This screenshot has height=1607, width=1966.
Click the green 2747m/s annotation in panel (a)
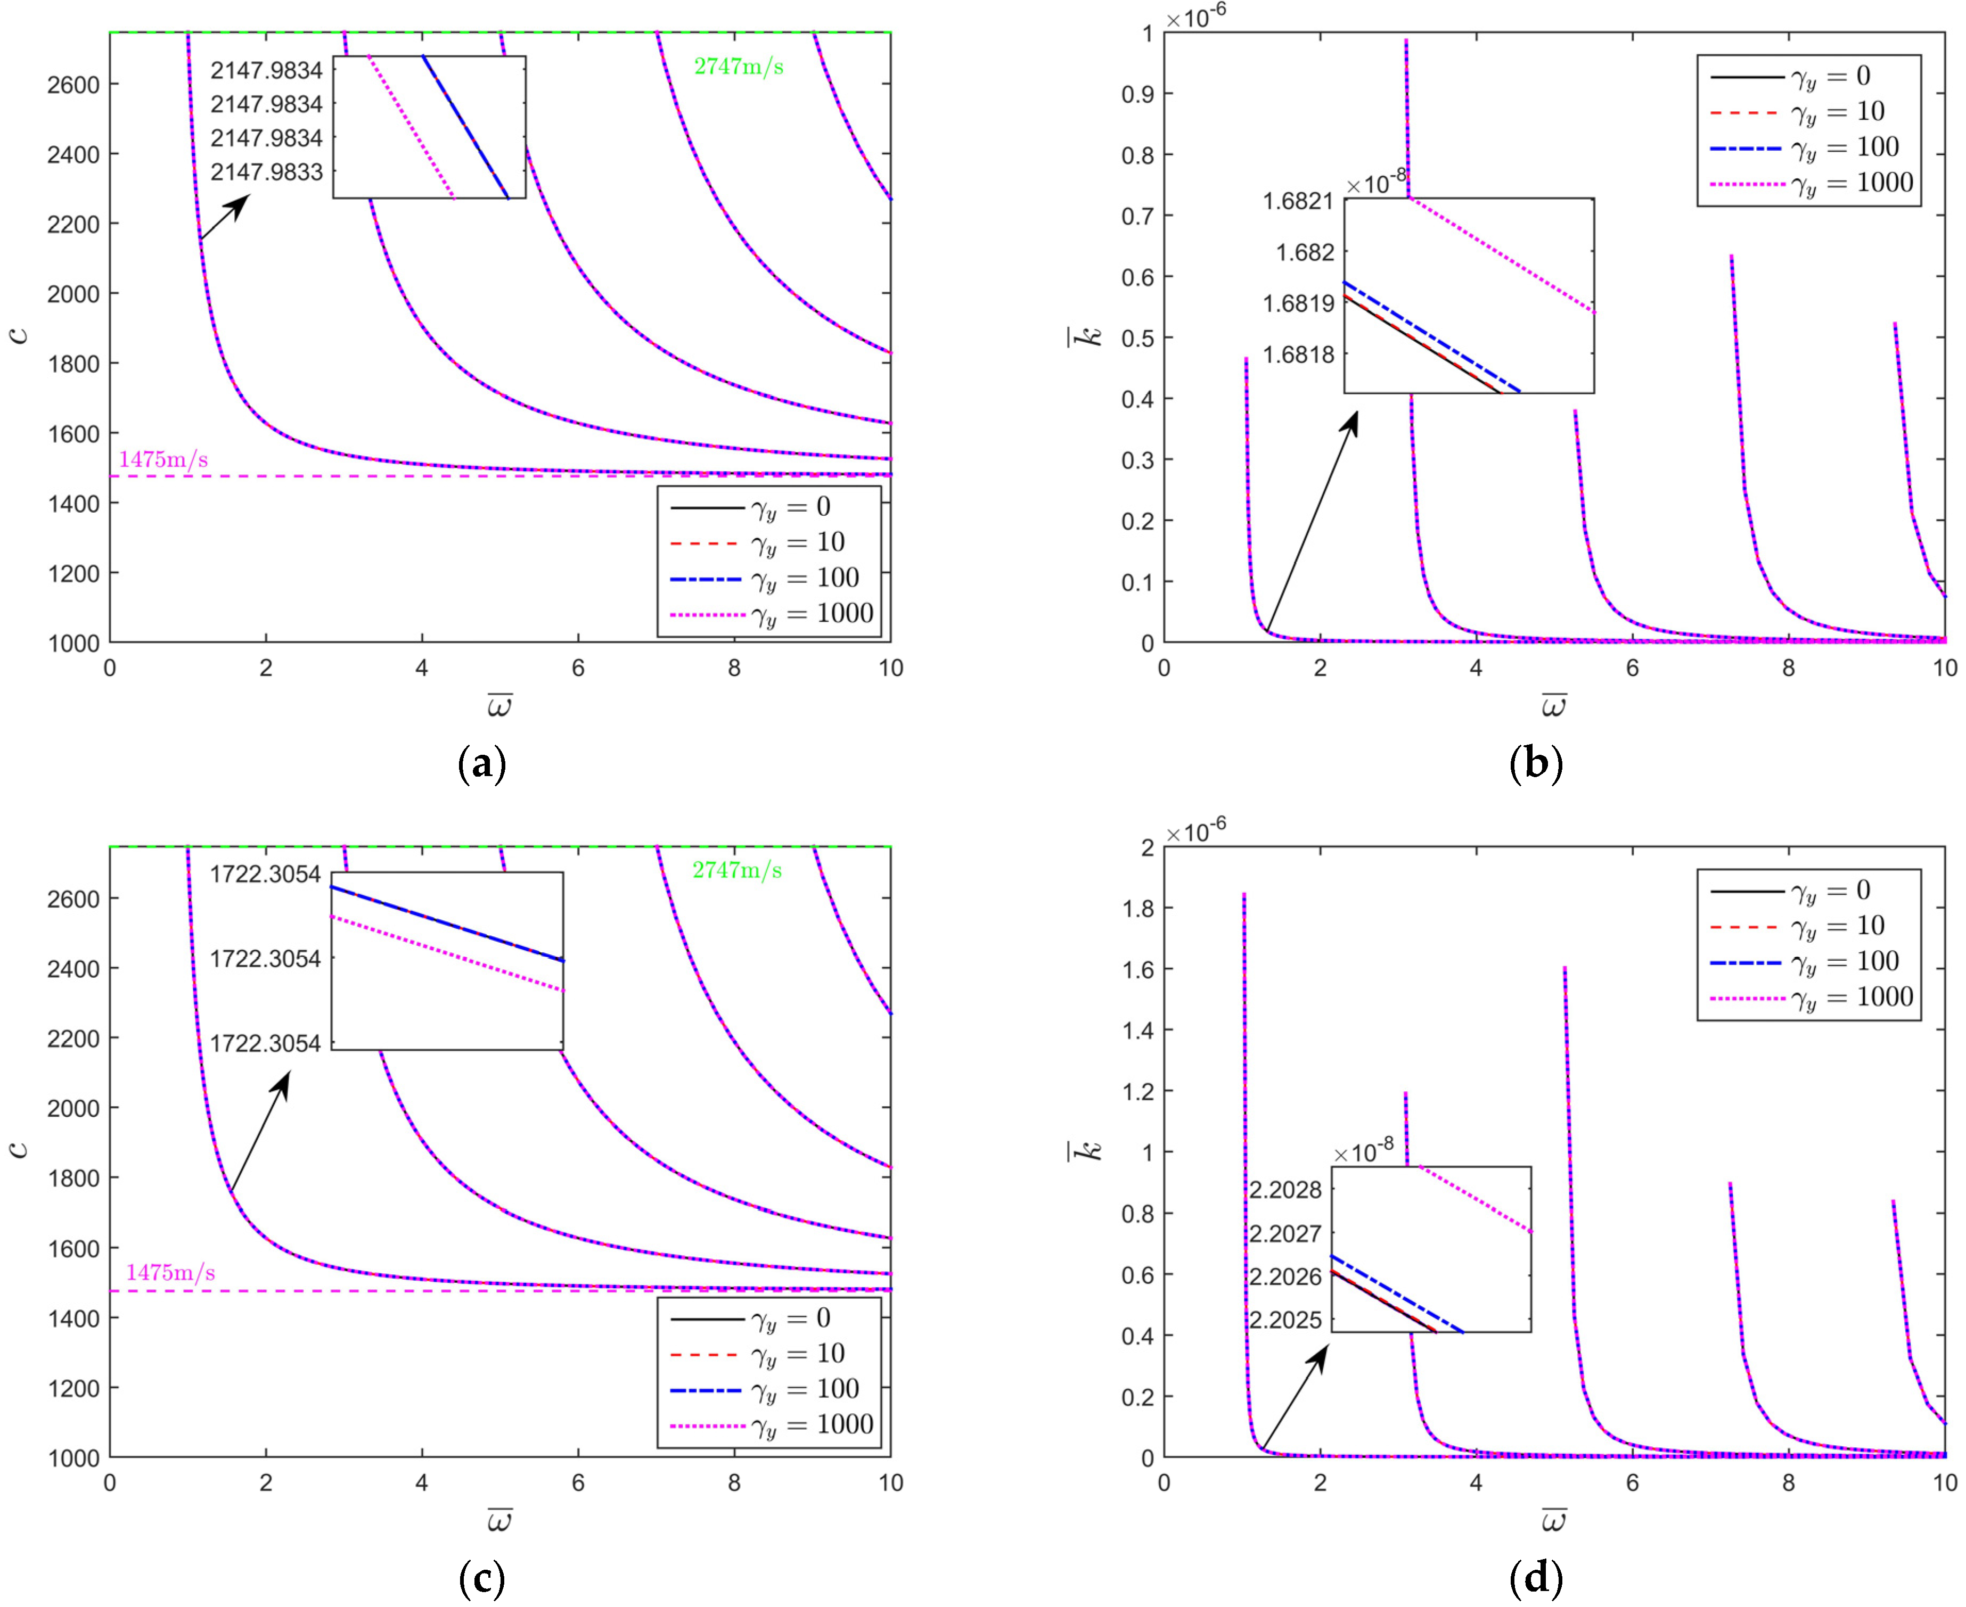pos(738,67)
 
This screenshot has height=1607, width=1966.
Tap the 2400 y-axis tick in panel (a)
pos(72,154)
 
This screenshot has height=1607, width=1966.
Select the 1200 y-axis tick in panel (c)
pos(72,1388)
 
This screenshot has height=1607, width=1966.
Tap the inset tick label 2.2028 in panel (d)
pos(1285,1190)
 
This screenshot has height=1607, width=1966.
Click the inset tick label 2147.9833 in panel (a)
pos(267,172)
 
